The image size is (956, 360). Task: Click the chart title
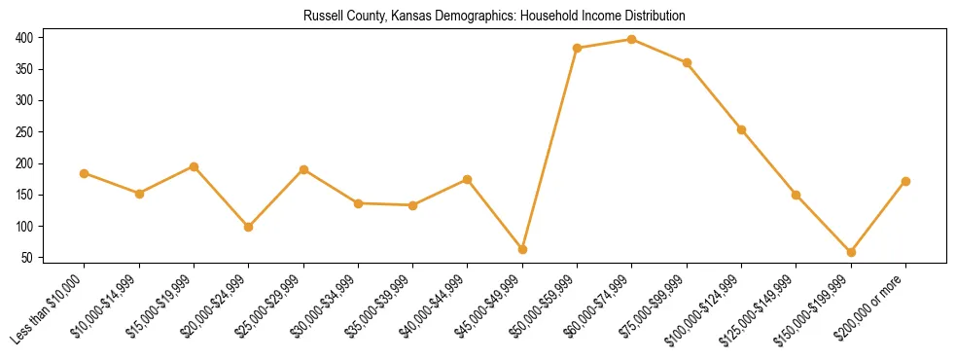point(494,17)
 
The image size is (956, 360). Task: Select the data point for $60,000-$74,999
point(632,40)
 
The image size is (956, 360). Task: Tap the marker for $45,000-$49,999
point(522,249)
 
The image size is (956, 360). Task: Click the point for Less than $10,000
point(85,173)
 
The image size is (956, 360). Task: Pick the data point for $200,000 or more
point(905,181)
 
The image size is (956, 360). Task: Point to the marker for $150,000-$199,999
point(851,252)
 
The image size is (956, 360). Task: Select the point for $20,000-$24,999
point(249,227)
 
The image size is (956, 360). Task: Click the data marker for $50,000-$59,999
point(578,48)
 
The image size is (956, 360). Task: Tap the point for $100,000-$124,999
point(741,129)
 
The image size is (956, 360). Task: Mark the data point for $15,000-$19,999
point(195,166)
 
